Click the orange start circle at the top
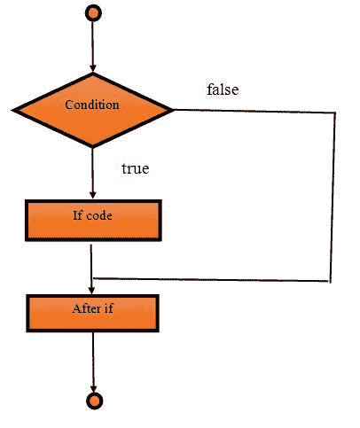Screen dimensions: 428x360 pos(93,14)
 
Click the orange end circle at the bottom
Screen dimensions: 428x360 pos(93,401)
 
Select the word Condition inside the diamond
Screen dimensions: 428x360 pos(92,105)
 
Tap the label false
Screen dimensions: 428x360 pos(222,89)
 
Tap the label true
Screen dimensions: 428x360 pos(135,166)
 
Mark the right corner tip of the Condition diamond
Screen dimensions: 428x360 pos(173,110)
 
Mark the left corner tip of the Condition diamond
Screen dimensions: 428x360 pos(13,110)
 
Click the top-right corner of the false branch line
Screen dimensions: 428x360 pos(336,112)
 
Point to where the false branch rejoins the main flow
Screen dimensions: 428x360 pos(93,277)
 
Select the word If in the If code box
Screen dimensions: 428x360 pos(78,215)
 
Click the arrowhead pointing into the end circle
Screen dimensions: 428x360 pos(93,387)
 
